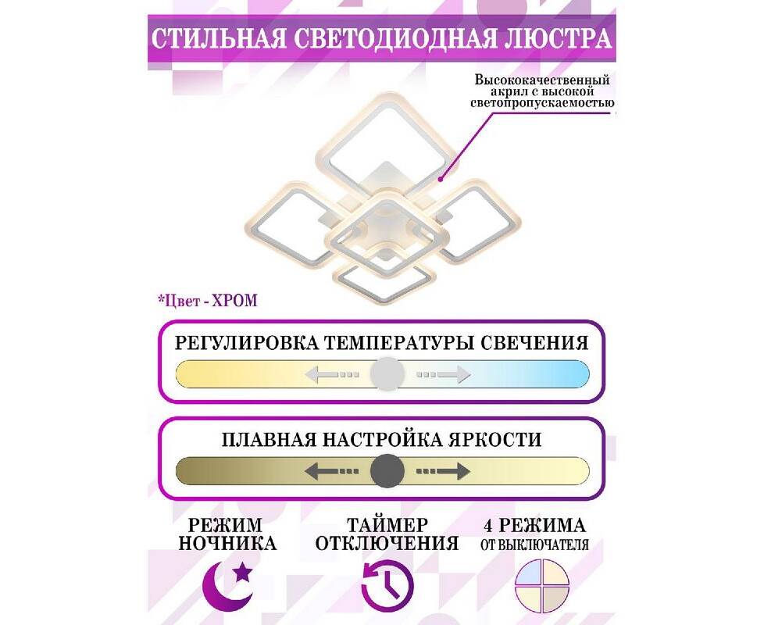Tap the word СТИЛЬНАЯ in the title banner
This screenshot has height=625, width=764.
click(x=219, y=39)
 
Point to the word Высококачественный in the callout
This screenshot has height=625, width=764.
click(x=542, y=80)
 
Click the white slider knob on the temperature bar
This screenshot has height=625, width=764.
click(x=387, y=373)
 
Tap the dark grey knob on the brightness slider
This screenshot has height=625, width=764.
click(x=387, y=471)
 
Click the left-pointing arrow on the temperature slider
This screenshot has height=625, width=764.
click(x=332, y=374)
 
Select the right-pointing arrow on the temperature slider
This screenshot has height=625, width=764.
click(x=444, y=374)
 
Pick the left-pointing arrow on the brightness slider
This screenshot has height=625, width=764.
click(x=332, y=471)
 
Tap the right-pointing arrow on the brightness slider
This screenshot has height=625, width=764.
click(x=444, y=471)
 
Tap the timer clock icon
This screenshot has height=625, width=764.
click(x=387, y=586)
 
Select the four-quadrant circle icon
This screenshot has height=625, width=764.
click(x=542, y=587)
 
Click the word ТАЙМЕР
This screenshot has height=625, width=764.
click(x=387, y=525)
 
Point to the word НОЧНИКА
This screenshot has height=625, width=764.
click(x=227, y=543)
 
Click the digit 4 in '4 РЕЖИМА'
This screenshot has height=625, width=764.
click(x=488, y=525)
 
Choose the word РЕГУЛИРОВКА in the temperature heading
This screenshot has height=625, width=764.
click(x=246, y=342)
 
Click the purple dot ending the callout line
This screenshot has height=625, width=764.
click(x=440, y=180)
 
